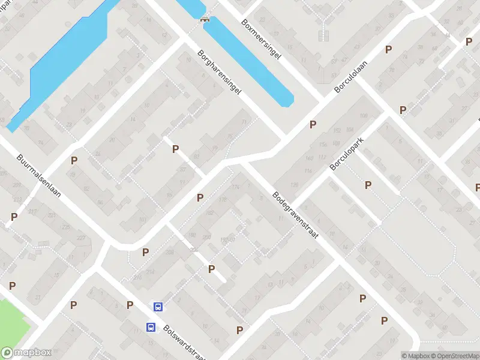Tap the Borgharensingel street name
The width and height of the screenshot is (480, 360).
tap(219, 71)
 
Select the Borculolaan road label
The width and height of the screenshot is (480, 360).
tap(350, 76)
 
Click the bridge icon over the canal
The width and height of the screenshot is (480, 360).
tap(205, 18)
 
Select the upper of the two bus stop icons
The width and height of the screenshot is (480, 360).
tap(158, 307)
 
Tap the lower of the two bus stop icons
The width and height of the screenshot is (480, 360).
tap(151, 327)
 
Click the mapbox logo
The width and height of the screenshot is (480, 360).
tap(26, 353)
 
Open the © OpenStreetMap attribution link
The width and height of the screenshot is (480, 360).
tap(449, 356)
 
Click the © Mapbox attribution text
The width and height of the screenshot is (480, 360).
tap(413, 356)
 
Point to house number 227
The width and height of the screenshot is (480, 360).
tap(80, 238)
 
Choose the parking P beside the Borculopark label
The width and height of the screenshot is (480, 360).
tap(368, 185)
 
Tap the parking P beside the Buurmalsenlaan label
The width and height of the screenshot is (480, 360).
tap(74, 160)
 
